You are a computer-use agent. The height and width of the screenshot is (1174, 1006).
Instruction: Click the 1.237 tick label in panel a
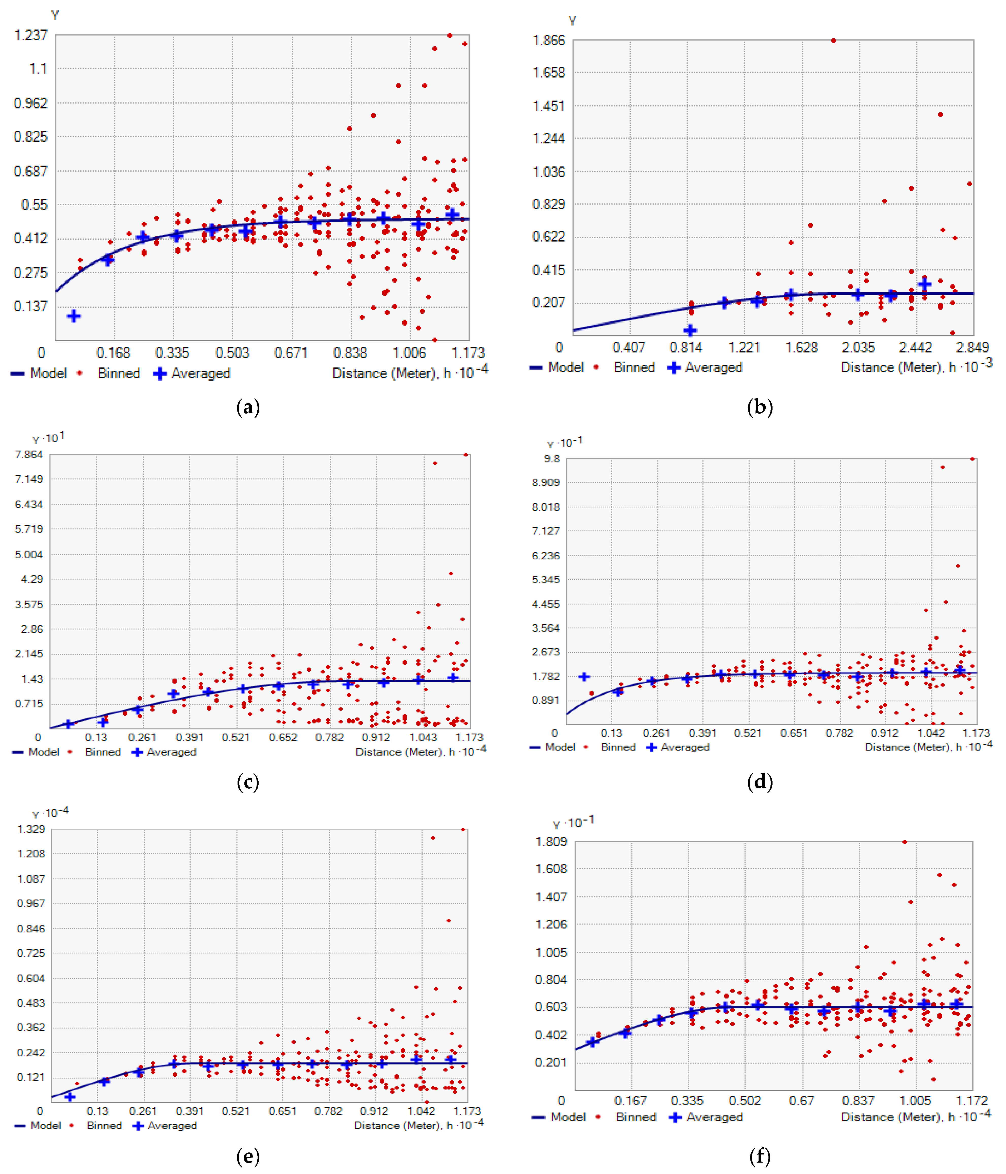click(x=31, y=35)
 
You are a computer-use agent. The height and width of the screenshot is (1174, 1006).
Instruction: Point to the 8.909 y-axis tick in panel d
click(x=546, y=482)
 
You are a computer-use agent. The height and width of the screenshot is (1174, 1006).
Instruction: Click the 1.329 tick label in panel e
click(x=31, y=829)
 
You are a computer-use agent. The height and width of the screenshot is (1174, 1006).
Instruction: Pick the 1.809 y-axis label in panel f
click(x=551, y=841)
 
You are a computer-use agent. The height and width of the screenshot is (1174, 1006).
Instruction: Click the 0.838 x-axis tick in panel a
click(x=350, y=353)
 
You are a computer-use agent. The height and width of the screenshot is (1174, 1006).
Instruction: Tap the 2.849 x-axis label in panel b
click(x=972, y=347)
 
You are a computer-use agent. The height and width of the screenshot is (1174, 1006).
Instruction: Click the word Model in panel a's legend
click(x=48, y=373)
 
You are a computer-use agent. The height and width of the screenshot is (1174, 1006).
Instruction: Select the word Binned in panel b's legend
click(x=634, y=368)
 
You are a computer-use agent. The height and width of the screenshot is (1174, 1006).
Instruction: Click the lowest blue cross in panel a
click(x=74, y=316)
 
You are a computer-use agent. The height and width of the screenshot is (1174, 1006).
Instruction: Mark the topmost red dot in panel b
click(x=833, y=40)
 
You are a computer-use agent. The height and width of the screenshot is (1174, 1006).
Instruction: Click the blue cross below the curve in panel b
click(x=690, y=330)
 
